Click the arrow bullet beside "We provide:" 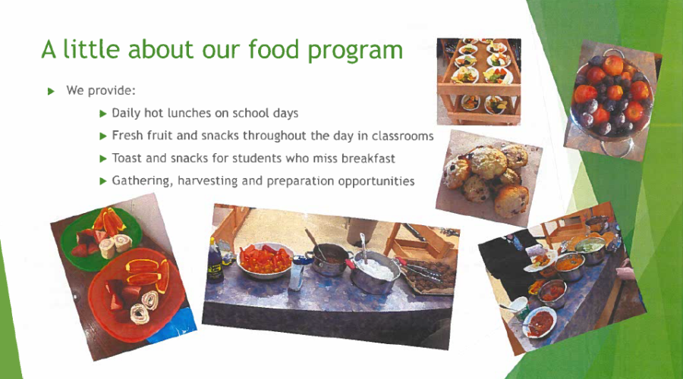[x=52, y=91]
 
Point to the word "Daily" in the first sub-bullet [x=126, y=114]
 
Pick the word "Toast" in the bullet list [x=127, y=158]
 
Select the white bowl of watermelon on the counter [x=265, y=260]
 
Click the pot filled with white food [x=374, y=271]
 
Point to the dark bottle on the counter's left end [x=215, y=260]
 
